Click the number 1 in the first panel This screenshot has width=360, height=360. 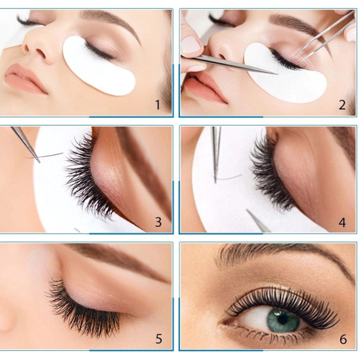[158, 105]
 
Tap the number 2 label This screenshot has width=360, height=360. [342, 105]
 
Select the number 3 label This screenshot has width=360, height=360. [158, 222]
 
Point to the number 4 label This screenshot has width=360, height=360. [342, 222]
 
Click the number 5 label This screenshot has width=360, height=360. [159, 339]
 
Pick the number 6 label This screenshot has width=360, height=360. [343, 339]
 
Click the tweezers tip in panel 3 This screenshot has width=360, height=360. [39, 162]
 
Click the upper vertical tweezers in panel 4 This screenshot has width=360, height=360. [216, 154]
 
